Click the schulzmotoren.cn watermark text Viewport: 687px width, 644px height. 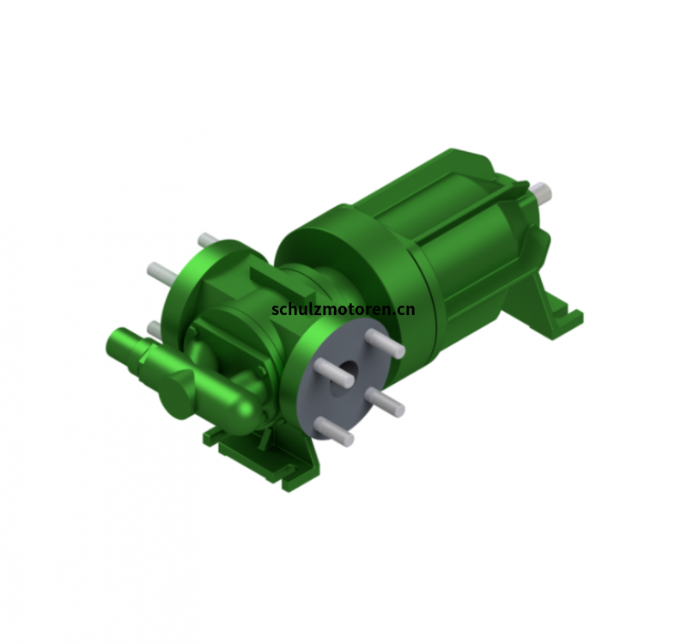(343, 309)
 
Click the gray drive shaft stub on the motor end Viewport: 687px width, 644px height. (542, 191)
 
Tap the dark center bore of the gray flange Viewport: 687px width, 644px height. (343, 379)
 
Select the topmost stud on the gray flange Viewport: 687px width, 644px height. (386, 343)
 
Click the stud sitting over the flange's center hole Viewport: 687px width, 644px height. (334, 373)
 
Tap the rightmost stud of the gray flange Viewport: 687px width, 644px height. (385, 402)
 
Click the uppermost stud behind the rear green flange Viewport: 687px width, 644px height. (208, 240)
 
